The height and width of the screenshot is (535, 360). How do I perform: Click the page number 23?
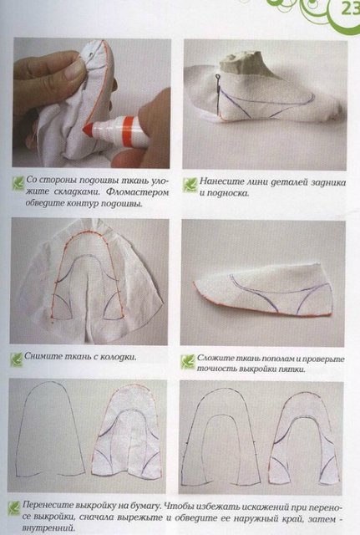point(344,10)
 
